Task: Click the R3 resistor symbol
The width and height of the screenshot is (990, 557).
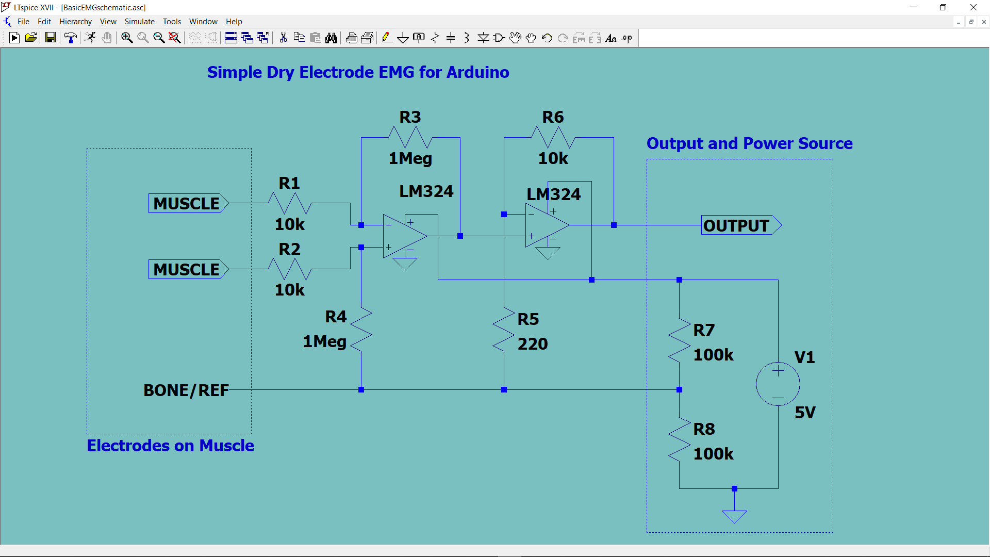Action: point(410,138)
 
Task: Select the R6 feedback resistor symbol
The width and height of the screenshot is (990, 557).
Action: point(553,138)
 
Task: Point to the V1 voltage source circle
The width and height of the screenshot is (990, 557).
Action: point(778,384)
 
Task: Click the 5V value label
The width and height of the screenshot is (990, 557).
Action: point(804,413)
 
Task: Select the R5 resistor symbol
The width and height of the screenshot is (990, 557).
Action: point(504,331)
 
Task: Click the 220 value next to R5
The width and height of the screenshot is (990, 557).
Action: point(533,344)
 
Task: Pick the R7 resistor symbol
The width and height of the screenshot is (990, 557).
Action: point(679,340)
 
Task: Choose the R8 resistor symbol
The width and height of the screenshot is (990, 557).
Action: point(679,439)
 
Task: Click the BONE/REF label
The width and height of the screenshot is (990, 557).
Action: point(186,390)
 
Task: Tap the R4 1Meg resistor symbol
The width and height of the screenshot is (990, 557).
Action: point(361,330)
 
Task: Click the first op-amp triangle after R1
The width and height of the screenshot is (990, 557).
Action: point(404,236)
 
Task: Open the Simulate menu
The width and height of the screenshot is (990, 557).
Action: point(139,22)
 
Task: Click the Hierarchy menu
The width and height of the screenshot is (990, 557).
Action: point(75,22)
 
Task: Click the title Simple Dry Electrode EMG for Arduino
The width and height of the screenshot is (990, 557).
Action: point(358,72)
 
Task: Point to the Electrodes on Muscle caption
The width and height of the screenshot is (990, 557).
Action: point(170,446)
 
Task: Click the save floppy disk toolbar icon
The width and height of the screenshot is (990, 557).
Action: point(50,38)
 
